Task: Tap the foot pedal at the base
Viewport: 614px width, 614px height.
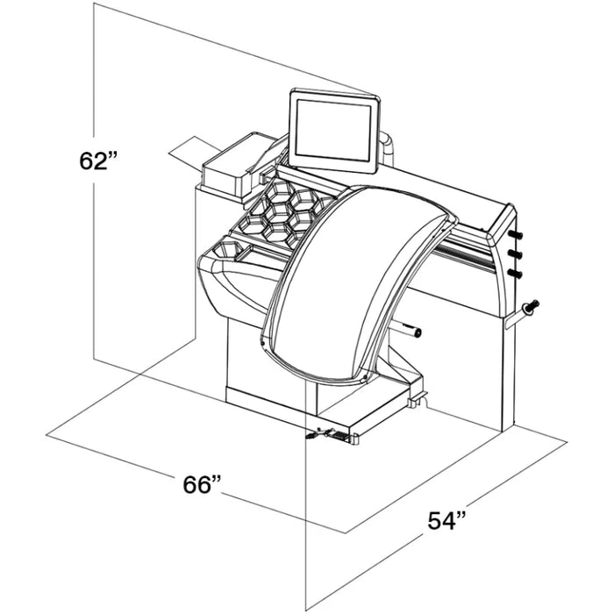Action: (323, 432)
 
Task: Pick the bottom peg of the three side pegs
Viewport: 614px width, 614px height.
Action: (516, 273)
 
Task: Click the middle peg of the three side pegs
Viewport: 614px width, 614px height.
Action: (516, 254)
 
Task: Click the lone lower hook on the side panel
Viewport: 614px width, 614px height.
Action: (530, 306)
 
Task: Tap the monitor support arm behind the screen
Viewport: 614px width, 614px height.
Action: (386, 145)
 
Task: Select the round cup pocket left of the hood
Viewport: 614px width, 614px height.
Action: (226, 254)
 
